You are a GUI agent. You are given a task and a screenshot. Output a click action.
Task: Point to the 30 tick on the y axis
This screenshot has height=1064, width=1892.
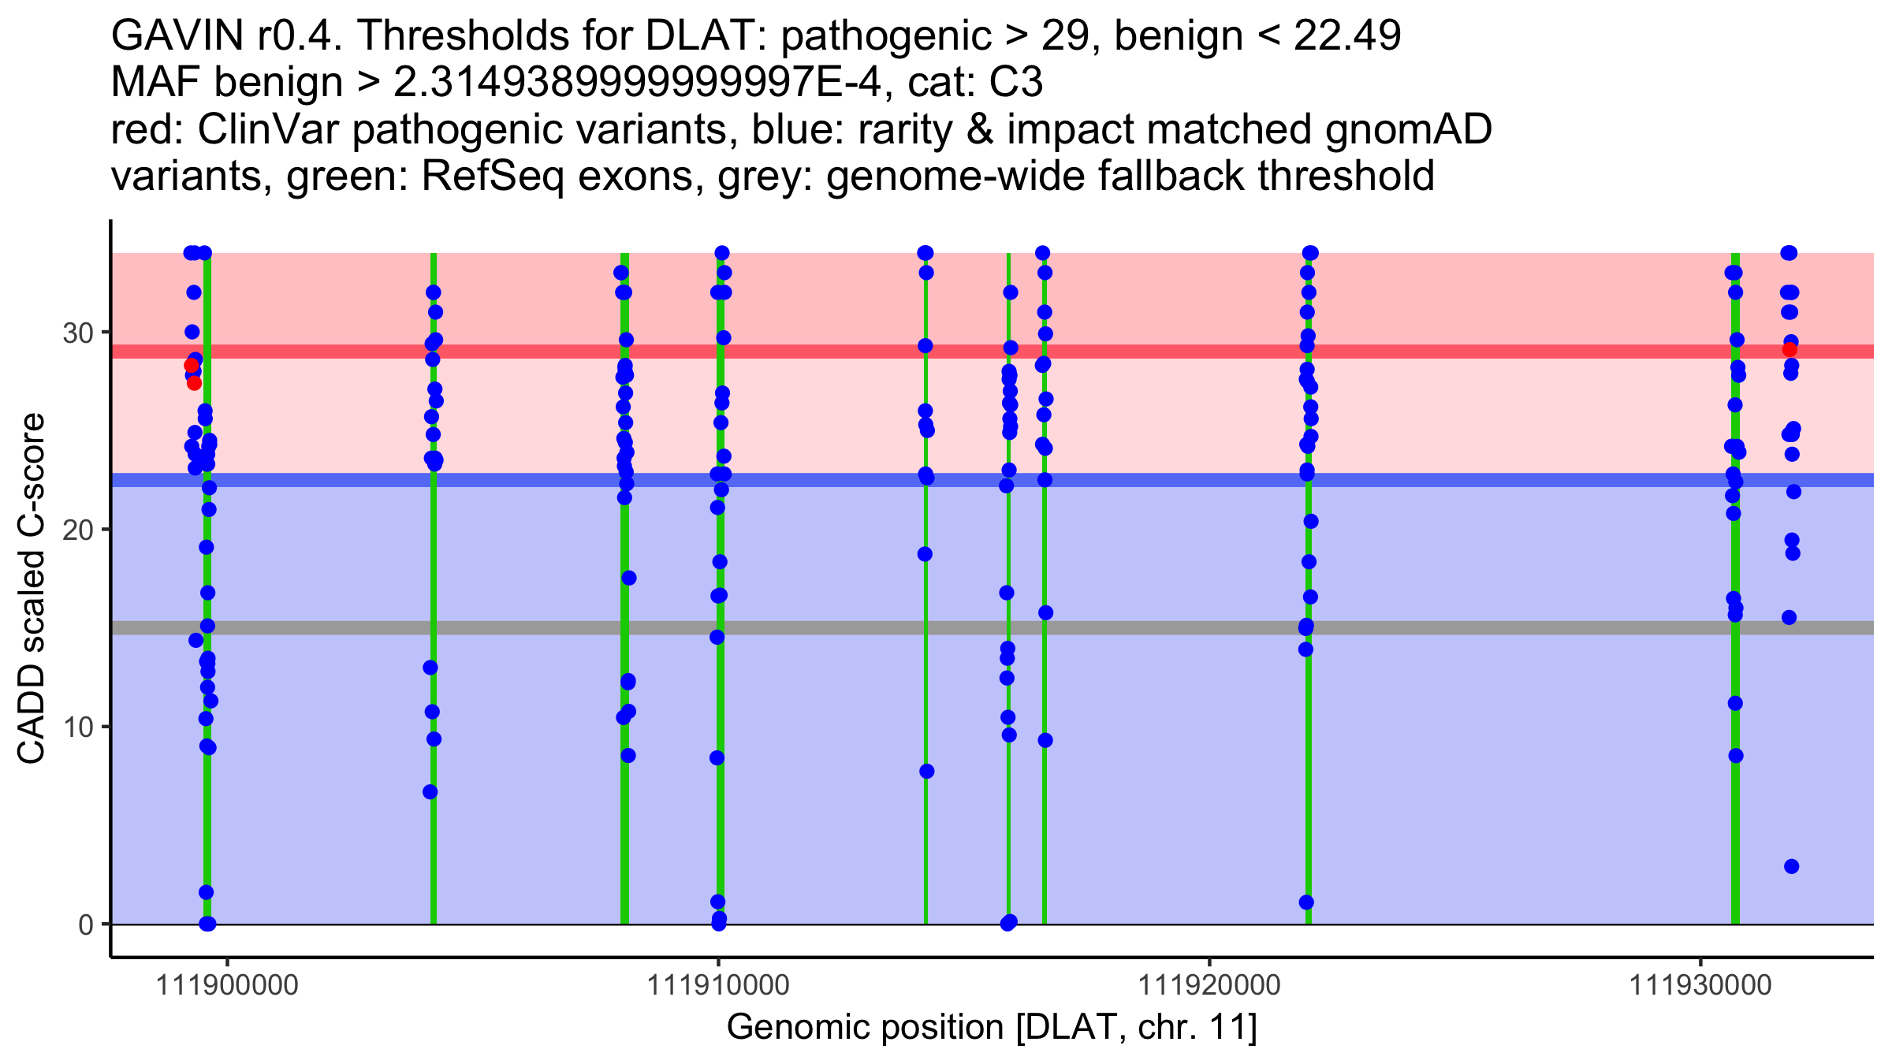click(x=77, y=333)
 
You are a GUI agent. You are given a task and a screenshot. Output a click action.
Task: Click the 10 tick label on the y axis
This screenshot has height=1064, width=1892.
click(x=77, y=727)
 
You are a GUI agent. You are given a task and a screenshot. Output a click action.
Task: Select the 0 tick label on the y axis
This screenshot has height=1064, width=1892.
click(x=86, y=924)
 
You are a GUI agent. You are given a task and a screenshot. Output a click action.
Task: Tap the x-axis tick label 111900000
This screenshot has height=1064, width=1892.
click(x=228, y=985)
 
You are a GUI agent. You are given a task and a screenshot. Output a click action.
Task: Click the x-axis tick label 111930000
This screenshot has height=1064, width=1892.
click(x=1700, y=985)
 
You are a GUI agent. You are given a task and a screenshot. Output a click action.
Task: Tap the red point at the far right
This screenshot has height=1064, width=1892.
click(x=1790, y=349)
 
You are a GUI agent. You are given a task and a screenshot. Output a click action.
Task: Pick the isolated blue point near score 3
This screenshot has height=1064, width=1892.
click(x=1791, y=866)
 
